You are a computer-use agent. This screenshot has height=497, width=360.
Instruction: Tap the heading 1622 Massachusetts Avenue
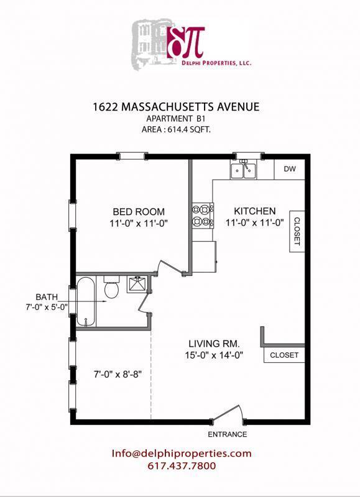(180, 107)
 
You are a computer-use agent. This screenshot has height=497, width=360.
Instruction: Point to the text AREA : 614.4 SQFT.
(180, 130)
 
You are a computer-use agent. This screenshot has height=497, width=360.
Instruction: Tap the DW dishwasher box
(289, 169)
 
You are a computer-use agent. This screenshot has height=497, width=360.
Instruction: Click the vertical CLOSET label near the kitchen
(296, 230)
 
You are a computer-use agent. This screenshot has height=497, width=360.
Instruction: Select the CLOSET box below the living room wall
(284, 355)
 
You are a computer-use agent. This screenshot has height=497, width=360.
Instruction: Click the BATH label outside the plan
(46, 296)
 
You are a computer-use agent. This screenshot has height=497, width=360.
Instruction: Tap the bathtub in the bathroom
(85, 303)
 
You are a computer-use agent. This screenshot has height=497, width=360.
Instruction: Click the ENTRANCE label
(228, 434)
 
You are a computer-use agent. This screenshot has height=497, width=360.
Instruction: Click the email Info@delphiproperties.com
(182, 454)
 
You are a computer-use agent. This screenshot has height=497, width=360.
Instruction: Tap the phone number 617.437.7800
(182, 466)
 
